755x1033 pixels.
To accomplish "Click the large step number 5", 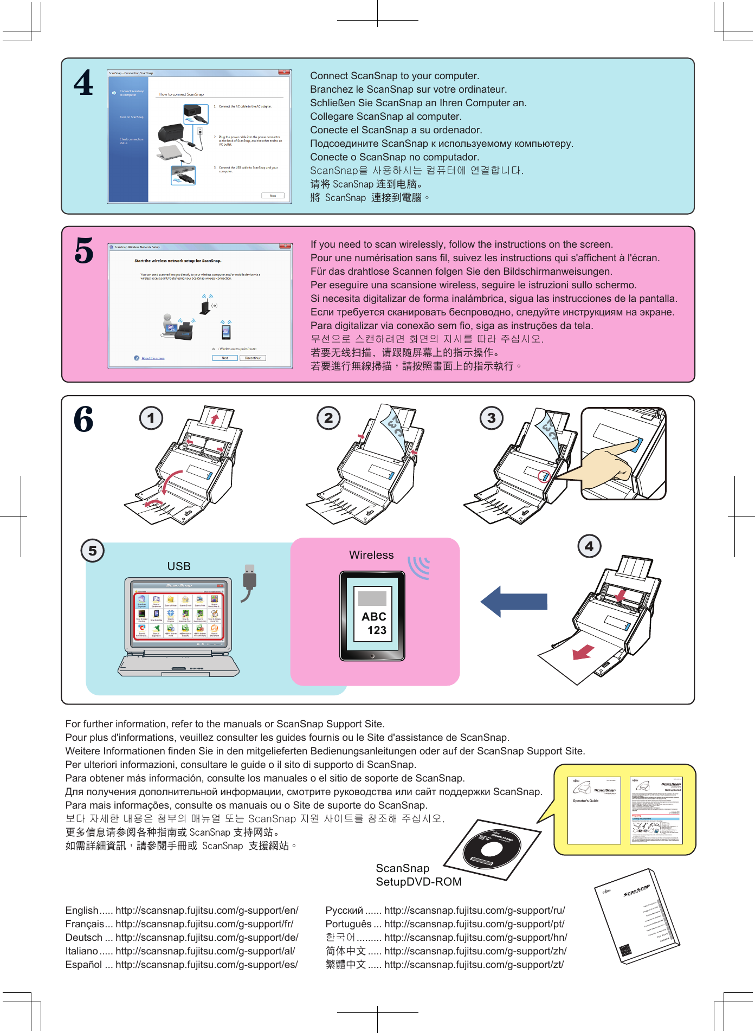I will click(84, 251).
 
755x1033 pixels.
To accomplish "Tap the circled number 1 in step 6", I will click(151, 418).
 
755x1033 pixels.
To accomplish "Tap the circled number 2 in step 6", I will click(328, 418).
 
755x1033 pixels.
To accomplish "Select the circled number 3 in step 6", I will click(492, 418).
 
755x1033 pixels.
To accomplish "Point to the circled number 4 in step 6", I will click(589, 546).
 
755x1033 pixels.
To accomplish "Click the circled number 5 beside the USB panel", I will click(93, 551).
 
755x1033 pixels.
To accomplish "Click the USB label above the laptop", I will click(179, 566).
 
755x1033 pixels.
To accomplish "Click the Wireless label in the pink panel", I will click(371, 555).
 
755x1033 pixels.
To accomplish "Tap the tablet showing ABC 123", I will click(372, 616).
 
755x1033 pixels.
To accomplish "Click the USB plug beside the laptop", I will click(249, 580).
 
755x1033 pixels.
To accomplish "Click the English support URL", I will click(207, 911).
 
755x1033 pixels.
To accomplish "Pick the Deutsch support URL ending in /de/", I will click(207, 938).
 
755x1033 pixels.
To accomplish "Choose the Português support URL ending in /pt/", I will click(474, 924).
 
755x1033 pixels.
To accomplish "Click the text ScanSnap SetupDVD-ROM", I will click(418, 875).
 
